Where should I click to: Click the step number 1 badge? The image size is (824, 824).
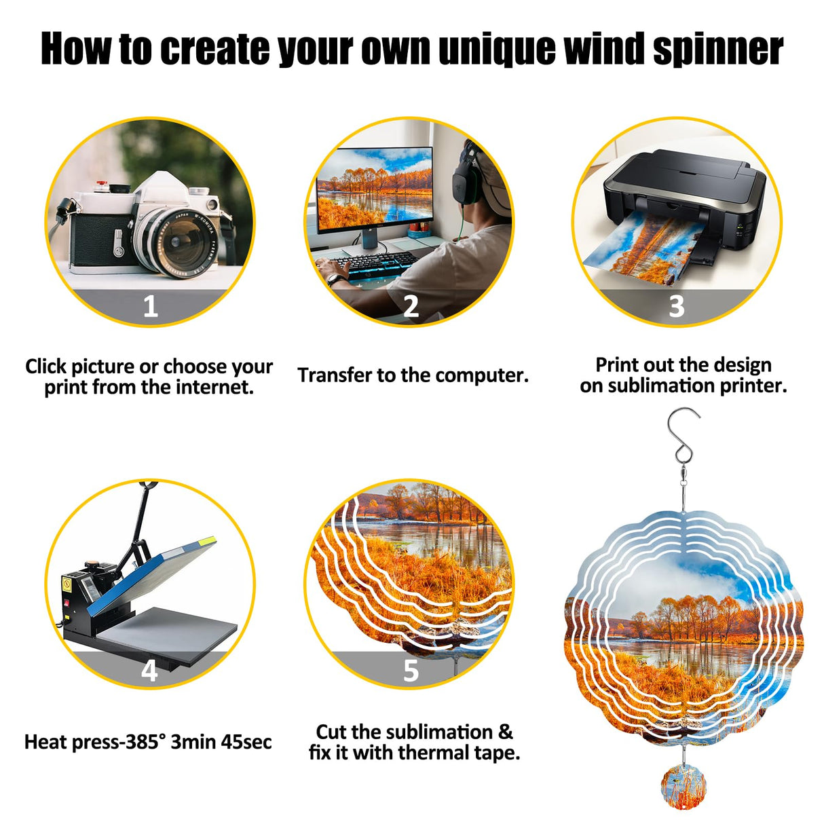150,306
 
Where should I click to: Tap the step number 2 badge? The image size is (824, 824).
411,306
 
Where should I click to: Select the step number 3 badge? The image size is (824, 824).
676,306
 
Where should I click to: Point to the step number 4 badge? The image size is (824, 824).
149,671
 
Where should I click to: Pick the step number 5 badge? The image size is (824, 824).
411,671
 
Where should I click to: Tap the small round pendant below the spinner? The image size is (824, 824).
683,786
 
